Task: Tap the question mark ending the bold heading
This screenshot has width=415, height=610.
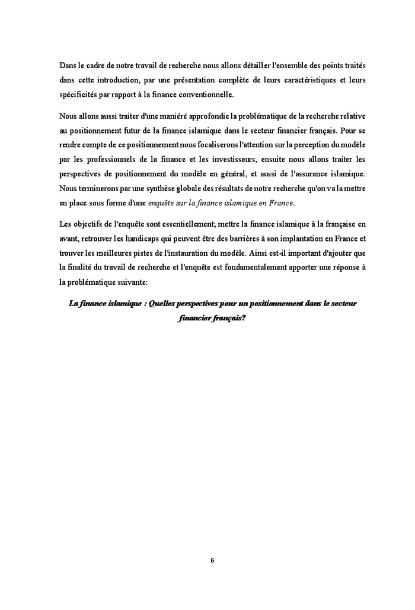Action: click(x=244, y=318)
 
